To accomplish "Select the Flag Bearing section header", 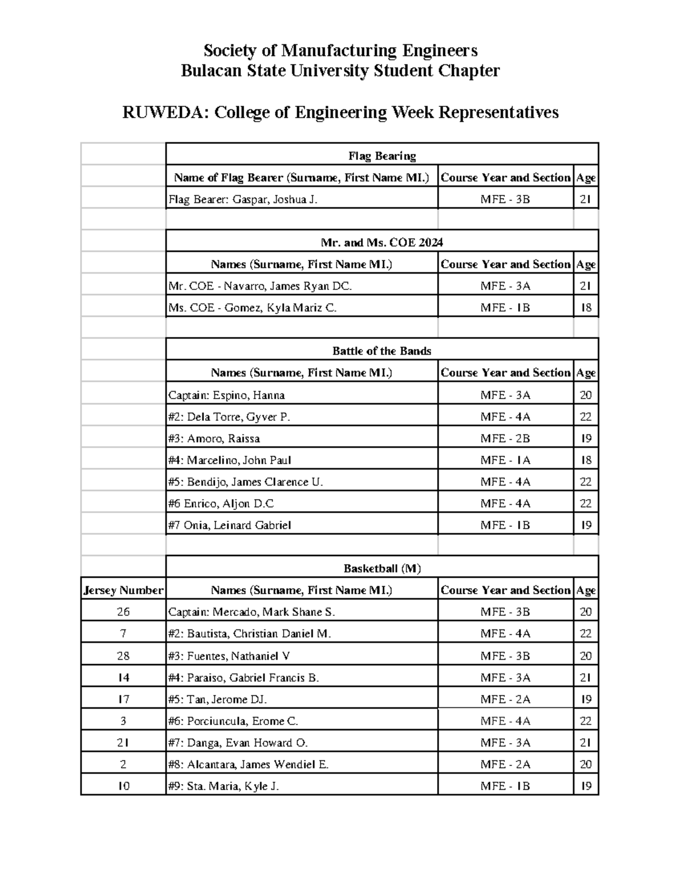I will pyautogui.click(x=382, y=156).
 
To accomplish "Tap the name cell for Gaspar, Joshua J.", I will pyautogui.click(x=243, y=200).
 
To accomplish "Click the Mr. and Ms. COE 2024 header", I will pyautogui.click(x=382, y=243).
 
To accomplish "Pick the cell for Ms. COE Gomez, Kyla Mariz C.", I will pyautogui.click(x=252, y=308).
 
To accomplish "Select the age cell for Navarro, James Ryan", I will pyautogui.click(x=585, y=286).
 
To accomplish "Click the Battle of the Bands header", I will pyautogui.click(x=382, y=351).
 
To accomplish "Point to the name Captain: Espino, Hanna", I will pyautogui.click(x=226, y=395).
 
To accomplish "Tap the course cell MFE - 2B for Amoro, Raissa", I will pyautogui.click(x=505, y=438).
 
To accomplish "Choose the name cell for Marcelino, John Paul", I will pyautogui.click(x=230, y=460).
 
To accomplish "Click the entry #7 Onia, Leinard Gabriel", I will pyautogui.click(x=230, y=525).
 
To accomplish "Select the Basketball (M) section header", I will pyautogui.click(x=382, y=569).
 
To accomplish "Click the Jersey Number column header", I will pyautogui.click(x=123, y=590).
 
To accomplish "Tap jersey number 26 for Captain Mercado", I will pyautogui.click(x=123, y=612).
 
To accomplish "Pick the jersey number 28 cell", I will pyautogui.click(x=123, y=656).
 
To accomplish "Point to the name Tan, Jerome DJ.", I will pyautogui.click(x=217, y=699).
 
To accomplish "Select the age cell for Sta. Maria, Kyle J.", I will pyautogui.click(x=585, y=786).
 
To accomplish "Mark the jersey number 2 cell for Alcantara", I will pyautogui.click(x=123, y=765).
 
